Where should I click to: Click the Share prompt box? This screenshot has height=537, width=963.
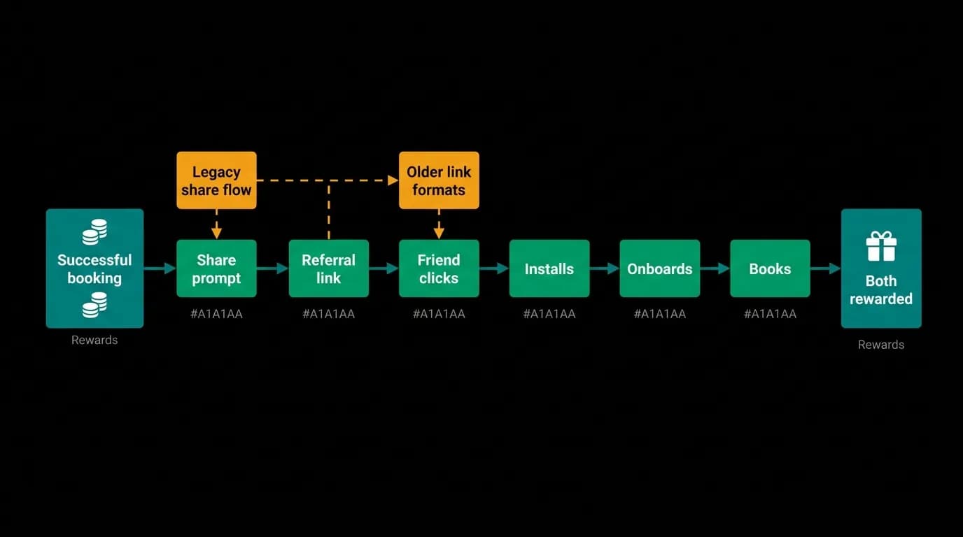(216, 268)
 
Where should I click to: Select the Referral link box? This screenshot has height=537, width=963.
(328, 268)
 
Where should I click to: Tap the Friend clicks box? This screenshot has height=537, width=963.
(439, 268)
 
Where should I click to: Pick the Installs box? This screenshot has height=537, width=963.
(549, 268)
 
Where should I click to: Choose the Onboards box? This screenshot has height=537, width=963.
(660, 268)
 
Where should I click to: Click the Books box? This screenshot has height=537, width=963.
(770, 268)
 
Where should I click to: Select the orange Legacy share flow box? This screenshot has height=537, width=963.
(216, 180)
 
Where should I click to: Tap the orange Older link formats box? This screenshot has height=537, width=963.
(439, 180)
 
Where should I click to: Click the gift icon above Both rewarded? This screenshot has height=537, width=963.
(881, 246)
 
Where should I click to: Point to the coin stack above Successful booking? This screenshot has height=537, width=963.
(94, 232)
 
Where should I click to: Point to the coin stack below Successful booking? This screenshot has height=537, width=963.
(94, 305)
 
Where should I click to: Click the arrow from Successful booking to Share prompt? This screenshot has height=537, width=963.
(160, 268)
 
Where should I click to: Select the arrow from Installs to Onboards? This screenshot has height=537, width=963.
(605, 268)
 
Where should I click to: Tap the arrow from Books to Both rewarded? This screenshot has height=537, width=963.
(826, 268)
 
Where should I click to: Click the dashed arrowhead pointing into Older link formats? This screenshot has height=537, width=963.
(393, 180)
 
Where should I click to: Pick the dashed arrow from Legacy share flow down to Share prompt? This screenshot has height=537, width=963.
(216, 224)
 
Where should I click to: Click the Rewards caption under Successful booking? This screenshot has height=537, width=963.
(94, 341)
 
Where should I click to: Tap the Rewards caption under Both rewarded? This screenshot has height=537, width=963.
(881, 345)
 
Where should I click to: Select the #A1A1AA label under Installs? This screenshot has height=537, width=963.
(549, 314)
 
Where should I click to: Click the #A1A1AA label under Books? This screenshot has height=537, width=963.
(770, 314)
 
